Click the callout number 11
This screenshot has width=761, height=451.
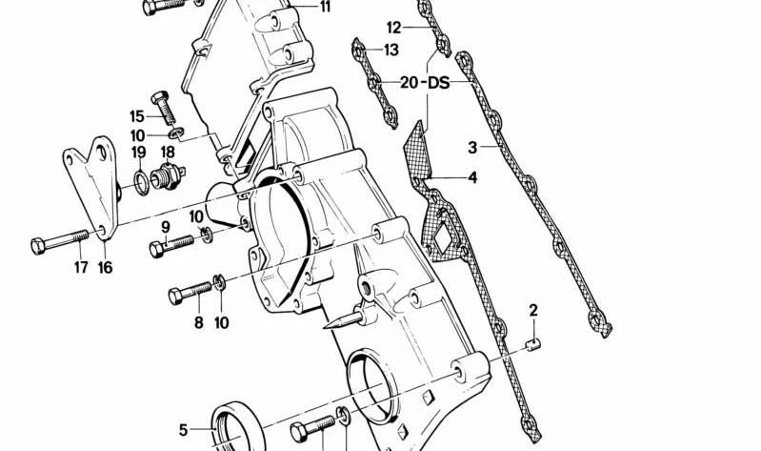(x=326, y=8)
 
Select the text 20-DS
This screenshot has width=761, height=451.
(x=425, y=83)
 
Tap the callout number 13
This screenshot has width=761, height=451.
(x=391, y=50)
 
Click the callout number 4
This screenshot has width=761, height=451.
(x=472, y=177)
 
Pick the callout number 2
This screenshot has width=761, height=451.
(x=533, y=310)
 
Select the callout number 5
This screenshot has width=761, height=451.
(x=184, y=429)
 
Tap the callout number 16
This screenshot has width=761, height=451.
(x=105, y=268)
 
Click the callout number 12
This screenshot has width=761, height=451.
(x=394, y=27)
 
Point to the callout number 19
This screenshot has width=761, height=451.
(x=138, y=152)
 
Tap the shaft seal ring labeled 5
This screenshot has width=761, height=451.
(x=230, y=426)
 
